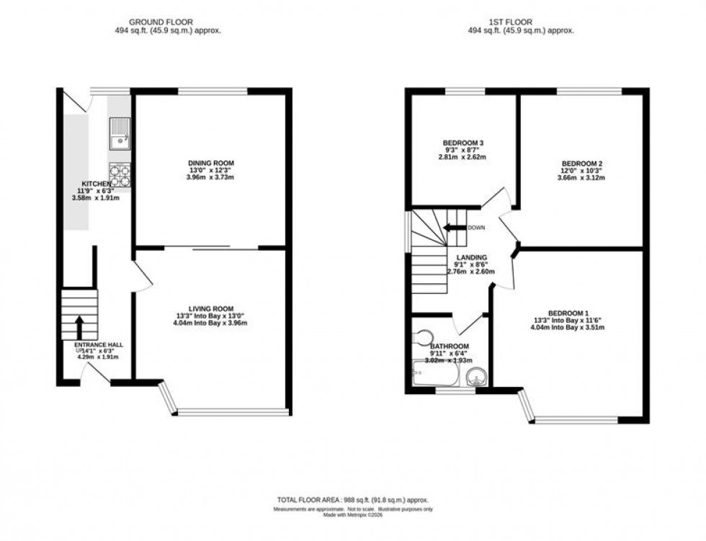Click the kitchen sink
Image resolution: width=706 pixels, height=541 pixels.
118,133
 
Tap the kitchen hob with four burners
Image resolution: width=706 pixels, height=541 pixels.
118,173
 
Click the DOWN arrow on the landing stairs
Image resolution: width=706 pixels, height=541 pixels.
455,228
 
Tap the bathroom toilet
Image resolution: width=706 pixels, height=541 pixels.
423,336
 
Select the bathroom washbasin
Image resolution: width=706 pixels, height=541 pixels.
475,375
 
